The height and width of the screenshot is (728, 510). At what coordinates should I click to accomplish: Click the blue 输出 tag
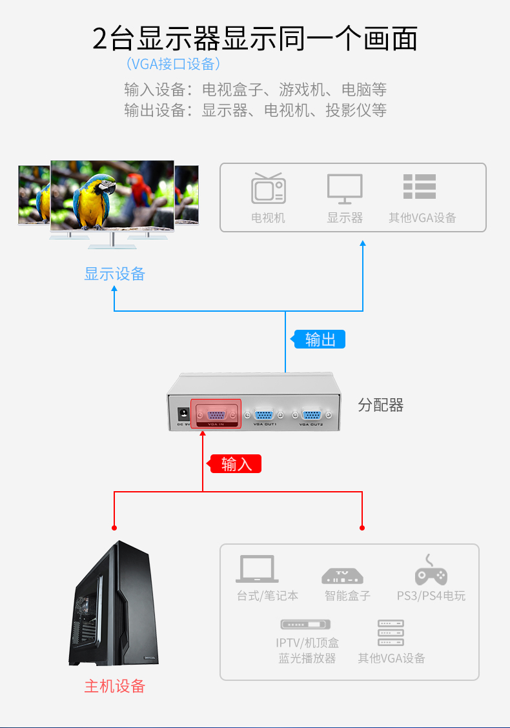click(320, 339)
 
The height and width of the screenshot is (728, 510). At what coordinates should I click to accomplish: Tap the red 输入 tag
click(236, 463)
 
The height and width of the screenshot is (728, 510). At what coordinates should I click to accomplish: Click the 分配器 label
click(381, 405)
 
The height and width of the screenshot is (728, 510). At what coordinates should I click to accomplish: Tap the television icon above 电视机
click(268, 188)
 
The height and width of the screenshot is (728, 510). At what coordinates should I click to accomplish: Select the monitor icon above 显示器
click(345, 188)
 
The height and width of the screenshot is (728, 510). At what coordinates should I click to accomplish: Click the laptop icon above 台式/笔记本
click(258, 569)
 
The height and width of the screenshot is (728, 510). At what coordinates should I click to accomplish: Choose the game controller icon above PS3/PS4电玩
click(431, 570)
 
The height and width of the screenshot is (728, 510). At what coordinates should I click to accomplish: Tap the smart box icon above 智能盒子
click(342, 575)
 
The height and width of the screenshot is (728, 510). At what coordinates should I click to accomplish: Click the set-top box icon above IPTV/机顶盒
click(305, 625)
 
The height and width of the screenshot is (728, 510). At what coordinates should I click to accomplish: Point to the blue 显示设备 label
click(115, 274)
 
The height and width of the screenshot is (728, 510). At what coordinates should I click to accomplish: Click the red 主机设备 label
click(115, 686)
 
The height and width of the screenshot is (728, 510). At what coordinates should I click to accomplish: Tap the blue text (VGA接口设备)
click(174, 64)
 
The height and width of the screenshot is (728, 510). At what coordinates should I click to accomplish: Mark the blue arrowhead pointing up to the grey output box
click(363, 243)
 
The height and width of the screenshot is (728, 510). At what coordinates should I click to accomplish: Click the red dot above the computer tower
click(114, 527)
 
